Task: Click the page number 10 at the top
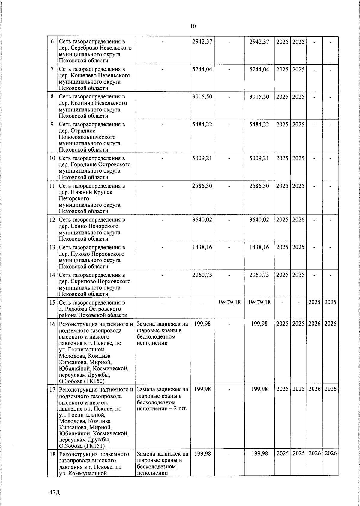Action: [193, 26]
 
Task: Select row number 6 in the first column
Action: [52, 41]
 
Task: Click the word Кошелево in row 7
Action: [84, 76]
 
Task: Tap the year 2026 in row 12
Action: [298, 220]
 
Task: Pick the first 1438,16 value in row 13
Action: [202, 247]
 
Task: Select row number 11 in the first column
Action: [52, 186]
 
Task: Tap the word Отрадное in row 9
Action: [83, 131]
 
